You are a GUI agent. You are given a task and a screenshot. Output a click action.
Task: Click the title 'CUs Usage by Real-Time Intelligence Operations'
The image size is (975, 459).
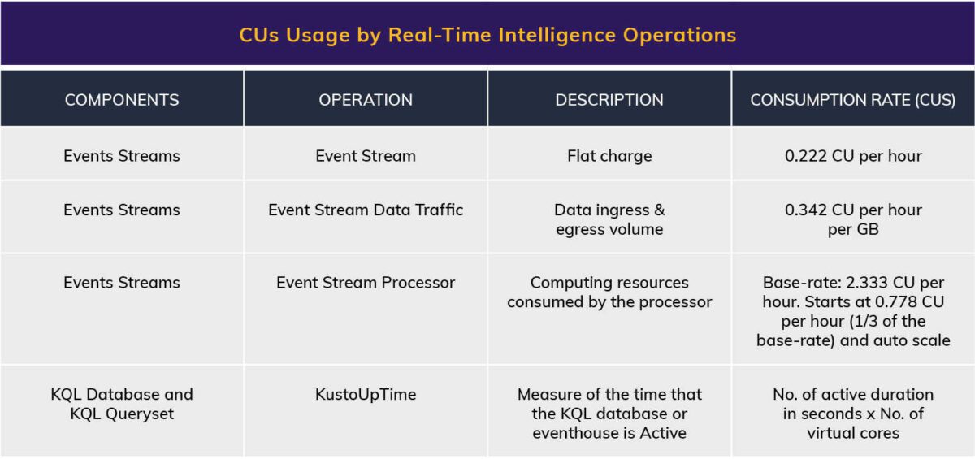[487, 35]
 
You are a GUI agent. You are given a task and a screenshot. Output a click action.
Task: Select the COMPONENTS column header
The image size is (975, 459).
[122, 100]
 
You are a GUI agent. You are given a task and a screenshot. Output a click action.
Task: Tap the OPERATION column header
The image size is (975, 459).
[366, 100]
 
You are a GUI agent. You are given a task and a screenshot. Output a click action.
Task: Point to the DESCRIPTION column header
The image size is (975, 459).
[609, 100]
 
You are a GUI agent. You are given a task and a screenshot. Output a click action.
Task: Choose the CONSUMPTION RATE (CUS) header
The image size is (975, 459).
[853, 100]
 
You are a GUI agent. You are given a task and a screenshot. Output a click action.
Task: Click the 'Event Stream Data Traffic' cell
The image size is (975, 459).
[366, 210]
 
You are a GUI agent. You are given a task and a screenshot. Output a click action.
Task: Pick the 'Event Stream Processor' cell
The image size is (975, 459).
[366, 283]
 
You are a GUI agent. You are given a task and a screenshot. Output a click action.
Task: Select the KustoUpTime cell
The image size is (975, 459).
[366, 394]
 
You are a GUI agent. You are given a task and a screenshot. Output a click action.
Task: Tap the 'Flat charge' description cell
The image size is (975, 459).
[609, 156]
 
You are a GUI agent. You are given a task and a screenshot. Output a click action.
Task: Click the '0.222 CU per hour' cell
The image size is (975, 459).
[853, 156]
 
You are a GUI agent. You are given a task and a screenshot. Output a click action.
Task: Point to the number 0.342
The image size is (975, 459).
[806, 210]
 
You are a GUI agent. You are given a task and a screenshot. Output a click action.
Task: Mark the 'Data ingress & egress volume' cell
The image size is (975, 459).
[609, 219]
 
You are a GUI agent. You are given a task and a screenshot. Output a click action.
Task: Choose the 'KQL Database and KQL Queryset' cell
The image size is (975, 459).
[122, 404]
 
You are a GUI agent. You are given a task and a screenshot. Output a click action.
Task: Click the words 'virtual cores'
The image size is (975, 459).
[853, 433]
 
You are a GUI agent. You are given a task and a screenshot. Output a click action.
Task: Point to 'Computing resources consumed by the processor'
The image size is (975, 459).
[609, 292]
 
